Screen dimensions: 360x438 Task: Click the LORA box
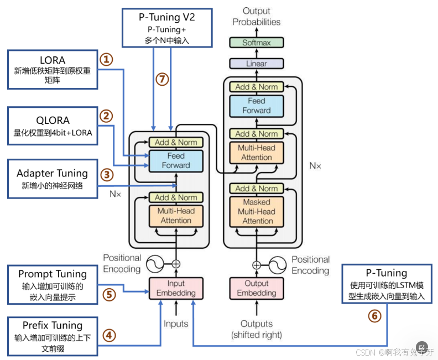[52, 69]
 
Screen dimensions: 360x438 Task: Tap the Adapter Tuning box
[52, 179]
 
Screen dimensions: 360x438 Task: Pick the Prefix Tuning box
[52, 336]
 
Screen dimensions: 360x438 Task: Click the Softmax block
[256, 43]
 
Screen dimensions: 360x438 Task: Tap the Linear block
[256, 64]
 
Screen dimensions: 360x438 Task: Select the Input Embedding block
[176, 288]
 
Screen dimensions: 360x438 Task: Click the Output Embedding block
[256, 288]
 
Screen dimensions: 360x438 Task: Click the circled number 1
[106, 59]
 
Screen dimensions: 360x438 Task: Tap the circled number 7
[161, 79]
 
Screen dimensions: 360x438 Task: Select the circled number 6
[374, 316]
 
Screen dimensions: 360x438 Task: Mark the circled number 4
[109, 335]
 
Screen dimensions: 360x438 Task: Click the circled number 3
[106, 175]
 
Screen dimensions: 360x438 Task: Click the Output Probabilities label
[256, 17]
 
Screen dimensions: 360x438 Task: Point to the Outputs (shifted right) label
[256, 329]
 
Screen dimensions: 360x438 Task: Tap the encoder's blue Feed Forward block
[176, 160]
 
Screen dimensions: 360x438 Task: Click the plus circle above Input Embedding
[176, 264]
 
